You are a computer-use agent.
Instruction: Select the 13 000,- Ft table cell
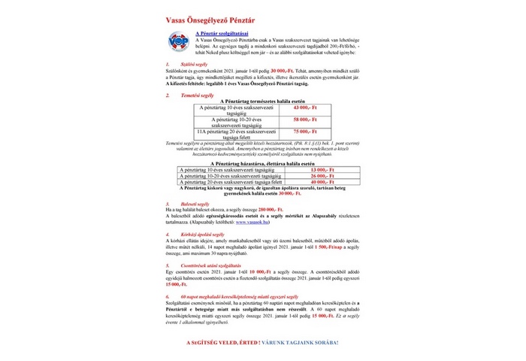[322, 170]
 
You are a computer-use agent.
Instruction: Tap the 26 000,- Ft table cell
[322, 176]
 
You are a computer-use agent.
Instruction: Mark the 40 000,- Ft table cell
[322, 182]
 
